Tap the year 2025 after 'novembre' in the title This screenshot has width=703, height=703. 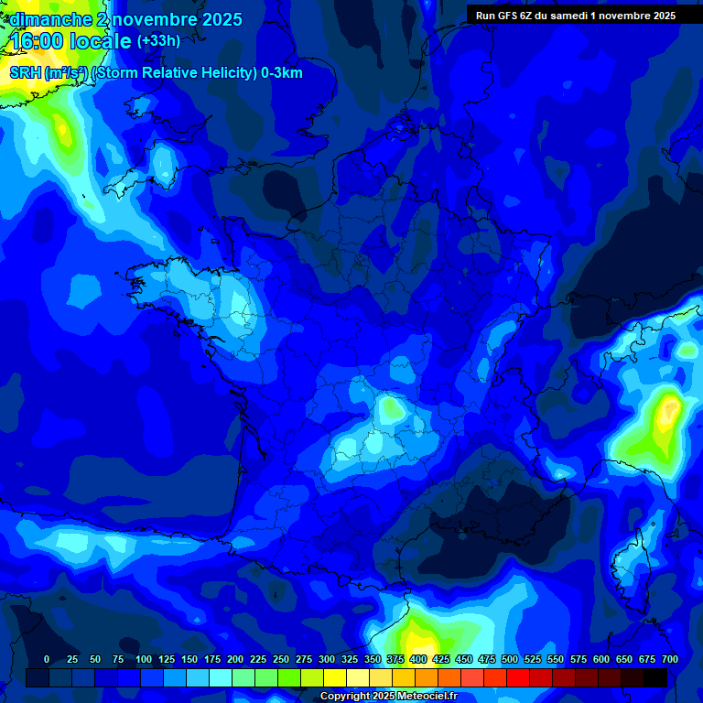(220, 19)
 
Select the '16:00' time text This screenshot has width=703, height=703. (36, 41)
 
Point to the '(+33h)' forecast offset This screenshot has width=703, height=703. (157, 40)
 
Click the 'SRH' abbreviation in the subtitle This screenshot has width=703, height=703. (25, 73)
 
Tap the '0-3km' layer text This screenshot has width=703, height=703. (281, 73)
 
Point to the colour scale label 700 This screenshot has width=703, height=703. (669, 659)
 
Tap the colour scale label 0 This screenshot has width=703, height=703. (47, 659)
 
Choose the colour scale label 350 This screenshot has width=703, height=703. (373, 659)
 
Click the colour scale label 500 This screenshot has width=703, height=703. (509, 659)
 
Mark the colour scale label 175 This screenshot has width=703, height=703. (211, 659)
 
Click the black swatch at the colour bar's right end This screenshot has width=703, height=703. (655, 677)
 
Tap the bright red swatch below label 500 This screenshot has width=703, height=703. (518, 677)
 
